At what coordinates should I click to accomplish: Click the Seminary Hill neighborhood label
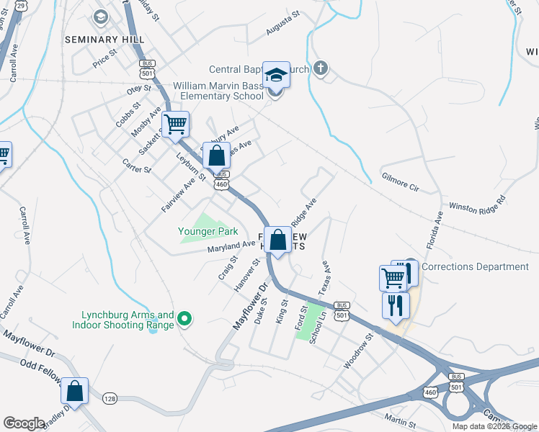104,39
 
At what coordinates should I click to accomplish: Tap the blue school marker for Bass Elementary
276,75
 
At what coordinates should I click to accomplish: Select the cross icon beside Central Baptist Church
321,69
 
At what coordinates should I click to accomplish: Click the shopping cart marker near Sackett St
175,125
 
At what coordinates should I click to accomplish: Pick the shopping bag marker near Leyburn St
216,155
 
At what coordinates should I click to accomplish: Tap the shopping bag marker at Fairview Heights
277,240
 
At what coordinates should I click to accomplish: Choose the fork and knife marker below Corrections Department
396,305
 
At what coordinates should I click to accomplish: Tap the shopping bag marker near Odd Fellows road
74,391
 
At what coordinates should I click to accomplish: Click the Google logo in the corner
24,423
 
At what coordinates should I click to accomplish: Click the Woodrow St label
358,351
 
